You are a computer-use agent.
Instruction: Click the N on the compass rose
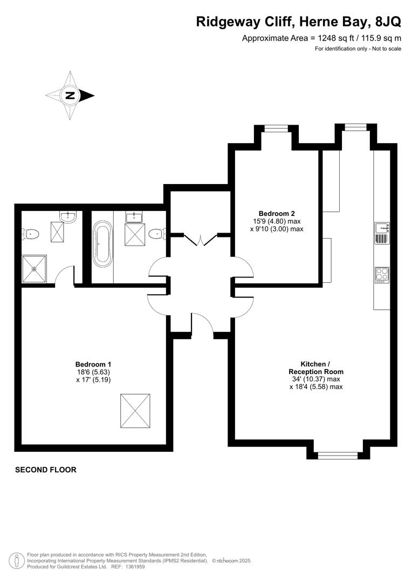(x=70, y=96)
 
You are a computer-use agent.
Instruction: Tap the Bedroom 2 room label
(x=276, y=213)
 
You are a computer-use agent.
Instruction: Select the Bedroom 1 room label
(x=93, y=364)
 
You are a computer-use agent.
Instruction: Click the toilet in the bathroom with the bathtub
(x=156, y=234)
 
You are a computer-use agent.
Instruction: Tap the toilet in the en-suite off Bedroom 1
(x=31, y=234)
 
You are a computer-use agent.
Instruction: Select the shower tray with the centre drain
(x=34, y=269)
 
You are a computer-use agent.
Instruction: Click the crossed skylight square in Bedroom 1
(x=135, y=411)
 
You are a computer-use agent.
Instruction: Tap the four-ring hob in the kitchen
(x=382, y=274)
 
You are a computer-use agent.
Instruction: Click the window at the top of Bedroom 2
(x=276, y=128)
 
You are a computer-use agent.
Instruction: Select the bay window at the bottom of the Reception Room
(x=338, y=456)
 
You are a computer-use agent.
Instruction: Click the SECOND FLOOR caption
(x=46, y=470)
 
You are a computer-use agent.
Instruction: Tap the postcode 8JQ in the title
(x=387, y=22)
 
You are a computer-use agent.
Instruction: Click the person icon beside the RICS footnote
(x=17, y=560)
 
